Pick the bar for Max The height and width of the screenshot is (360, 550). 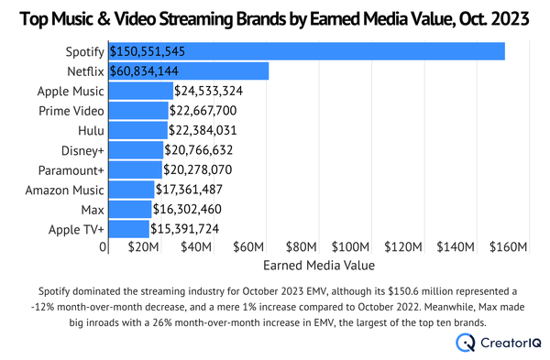tap(130, 209)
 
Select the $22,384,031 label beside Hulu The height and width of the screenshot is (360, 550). tap(210, 130)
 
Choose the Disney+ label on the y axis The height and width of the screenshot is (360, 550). tap(78, 150)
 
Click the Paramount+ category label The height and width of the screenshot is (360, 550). tap(69, 169)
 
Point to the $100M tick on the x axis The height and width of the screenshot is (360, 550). tap(351, 248)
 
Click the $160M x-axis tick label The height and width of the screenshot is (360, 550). tap(509, 248)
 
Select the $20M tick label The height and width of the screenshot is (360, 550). tap(142, 248)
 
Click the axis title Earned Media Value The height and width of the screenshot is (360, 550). tap(318, 267)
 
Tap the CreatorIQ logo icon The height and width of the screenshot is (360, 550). tap(466, 343)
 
